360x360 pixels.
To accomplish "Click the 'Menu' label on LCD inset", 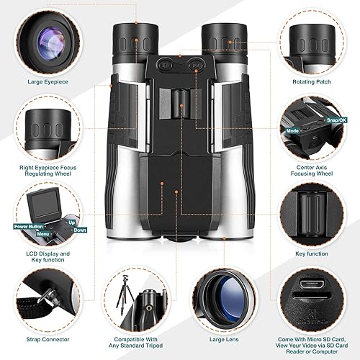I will tap(43, 233).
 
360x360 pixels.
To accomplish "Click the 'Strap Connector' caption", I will tap(45, 339).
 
